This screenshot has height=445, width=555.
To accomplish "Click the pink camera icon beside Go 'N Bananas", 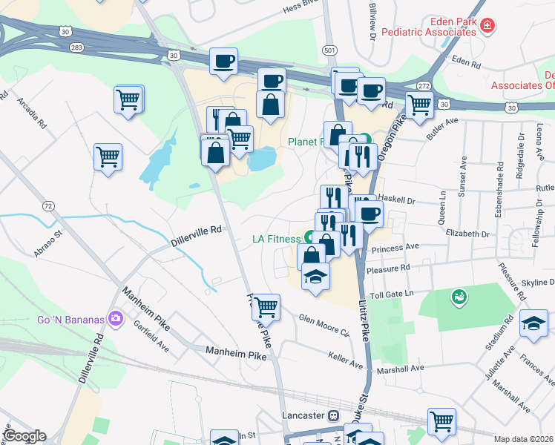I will (115, 319).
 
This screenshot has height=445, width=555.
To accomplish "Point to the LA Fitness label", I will (276, 239).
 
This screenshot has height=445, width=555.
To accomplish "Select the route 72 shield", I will (48, 205).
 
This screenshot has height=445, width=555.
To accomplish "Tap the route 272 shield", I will (424, 87).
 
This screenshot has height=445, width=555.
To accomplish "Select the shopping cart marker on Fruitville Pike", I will (266, 306).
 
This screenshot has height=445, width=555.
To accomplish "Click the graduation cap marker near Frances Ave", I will (533, 324).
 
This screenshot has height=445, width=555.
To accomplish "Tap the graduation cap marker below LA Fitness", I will (315, 279).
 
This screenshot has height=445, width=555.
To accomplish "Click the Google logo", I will (24, 436).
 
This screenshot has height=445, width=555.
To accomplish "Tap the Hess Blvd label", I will (303, 10).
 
